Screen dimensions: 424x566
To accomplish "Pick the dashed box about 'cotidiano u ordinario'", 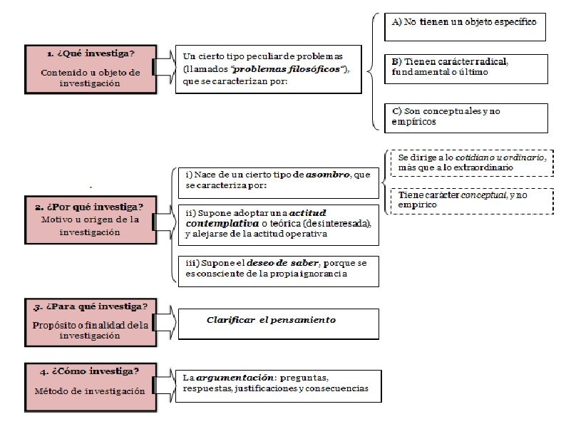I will tap(470, 162).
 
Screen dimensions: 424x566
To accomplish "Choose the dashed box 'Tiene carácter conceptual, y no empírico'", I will tap(470, 200).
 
